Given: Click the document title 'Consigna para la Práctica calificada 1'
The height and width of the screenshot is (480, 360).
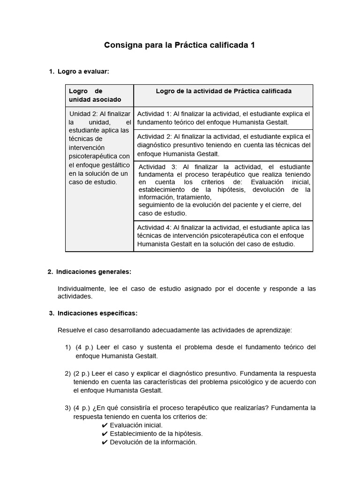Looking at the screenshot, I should pos(180,45).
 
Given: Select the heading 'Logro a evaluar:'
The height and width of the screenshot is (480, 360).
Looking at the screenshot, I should pos(83,71).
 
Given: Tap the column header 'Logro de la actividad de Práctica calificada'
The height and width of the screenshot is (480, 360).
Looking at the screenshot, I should pos(224,91).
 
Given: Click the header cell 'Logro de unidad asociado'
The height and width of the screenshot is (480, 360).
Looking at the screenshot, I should pos(95,95).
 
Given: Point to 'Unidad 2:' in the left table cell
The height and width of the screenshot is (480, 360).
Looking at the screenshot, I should pos(84,113).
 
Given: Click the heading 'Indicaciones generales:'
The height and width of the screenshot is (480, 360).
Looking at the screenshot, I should pos(94,272).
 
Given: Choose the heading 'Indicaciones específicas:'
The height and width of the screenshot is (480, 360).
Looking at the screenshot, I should pos(97,313).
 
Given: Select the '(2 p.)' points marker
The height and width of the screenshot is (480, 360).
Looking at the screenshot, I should pos(82,374).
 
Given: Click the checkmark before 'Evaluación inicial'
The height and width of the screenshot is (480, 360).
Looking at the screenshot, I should pos(105,425).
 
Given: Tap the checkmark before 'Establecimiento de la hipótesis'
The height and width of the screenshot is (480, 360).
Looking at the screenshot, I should pos(105,434).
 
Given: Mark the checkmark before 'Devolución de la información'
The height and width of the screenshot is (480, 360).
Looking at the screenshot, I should pos(105,442).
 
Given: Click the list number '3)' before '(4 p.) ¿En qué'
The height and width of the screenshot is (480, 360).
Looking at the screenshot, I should pos(67,408).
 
